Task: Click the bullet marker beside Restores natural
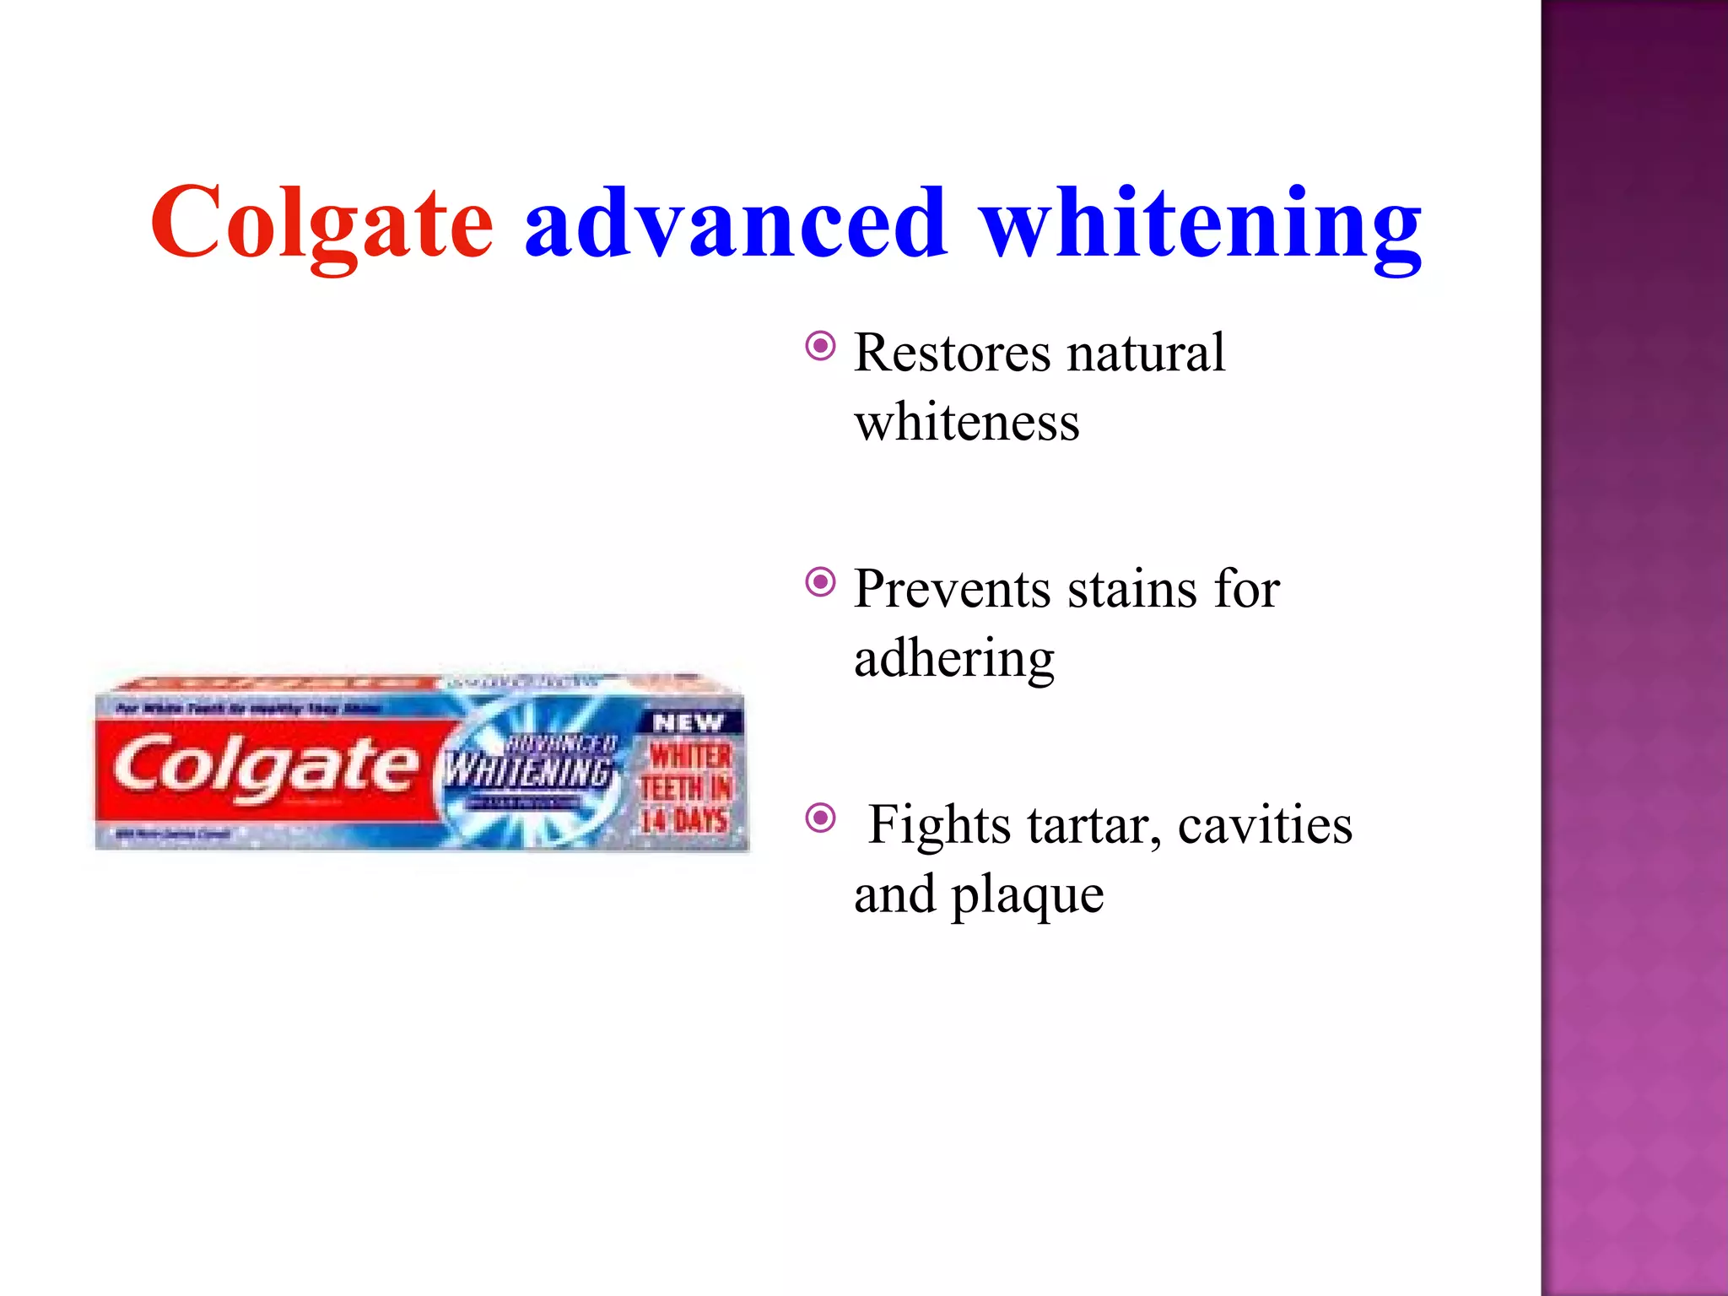[x=820, y=346]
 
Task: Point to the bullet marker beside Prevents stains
[x=820, y=582]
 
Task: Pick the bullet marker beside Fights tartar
[x=820, y=818]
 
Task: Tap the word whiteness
[x=966, y=422]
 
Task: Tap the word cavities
[x=1265, y=825]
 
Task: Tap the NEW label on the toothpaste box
[x=688, y=723]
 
